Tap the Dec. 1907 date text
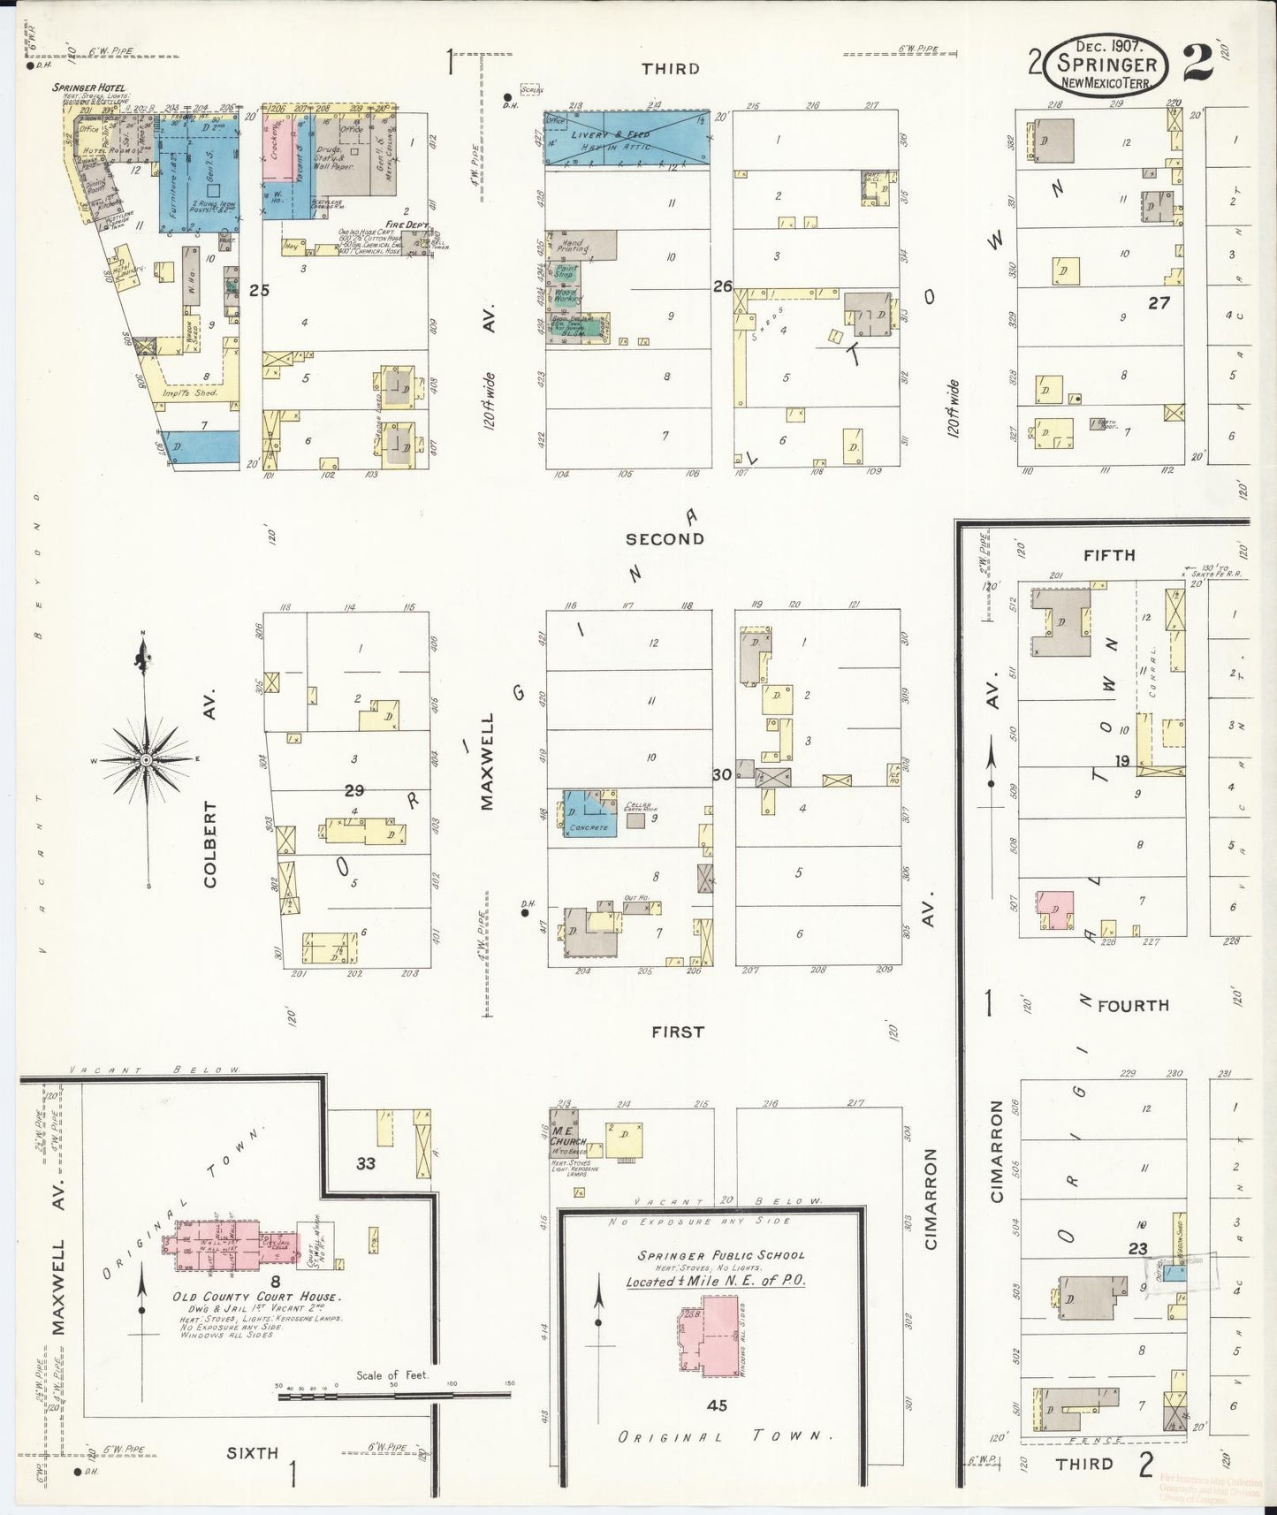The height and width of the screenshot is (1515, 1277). tap(1108, 45)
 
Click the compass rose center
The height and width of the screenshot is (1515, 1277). tap(147, 760)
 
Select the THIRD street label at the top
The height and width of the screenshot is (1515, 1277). tap(671, 68)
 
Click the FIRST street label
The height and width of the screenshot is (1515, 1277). tap(678, 1032)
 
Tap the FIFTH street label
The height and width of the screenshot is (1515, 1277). tap(1109, 555)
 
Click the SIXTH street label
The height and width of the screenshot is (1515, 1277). tap(252, 1452)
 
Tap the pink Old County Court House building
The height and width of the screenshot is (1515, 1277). tap(234, 1247)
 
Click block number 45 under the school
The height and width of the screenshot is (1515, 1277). tap(717, 1405)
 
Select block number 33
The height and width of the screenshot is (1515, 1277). tap(366, 1163)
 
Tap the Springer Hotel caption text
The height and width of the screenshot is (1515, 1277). tap(87, 88)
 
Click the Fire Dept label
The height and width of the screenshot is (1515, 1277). tap(407, 226)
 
